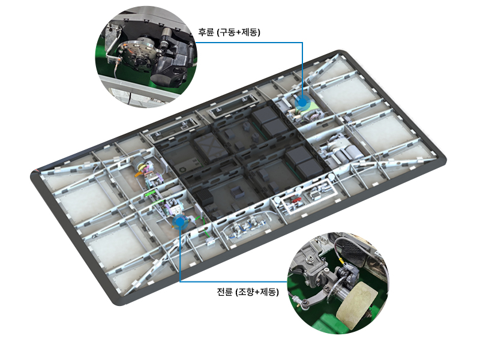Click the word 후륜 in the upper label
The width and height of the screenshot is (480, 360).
point(206,32)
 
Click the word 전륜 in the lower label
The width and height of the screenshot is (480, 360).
point(224,292)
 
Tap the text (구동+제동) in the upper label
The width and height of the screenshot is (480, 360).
point(238,32)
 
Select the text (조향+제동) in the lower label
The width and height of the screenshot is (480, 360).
point(257,292)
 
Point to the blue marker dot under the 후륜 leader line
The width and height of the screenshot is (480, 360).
point(302,102)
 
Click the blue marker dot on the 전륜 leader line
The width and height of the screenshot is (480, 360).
point(179,220)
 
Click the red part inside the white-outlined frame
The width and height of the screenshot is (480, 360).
point(296,200)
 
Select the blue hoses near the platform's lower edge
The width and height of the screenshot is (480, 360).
point(242,229)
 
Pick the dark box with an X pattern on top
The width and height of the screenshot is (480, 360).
point(209,148)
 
